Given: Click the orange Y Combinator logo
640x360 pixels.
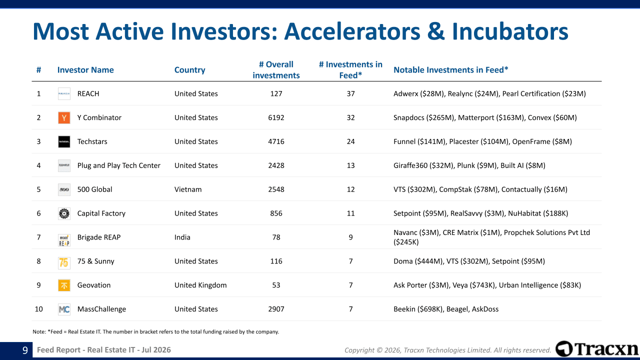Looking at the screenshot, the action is click(x=64, y=117).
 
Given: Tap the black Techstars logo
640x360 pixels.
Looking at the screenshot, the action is click(x=64, y=141).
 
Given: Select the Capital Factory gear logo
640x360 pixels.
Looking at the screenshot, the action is click(x=64, y=213).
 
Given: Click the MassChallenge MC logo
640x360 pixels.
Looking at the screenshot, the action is click(x=64, y=309).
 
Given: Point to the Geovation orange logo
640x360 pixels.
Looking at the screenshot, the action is click(x=64, y=285).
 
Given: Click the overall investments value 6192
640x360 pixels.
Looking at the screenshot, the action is click(x=276, y=117).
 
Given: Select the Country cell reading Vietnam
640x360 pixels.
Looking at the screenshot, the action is click(x=188, y=189).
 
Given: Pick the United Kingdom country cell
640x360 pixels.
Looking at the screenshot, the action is click(x=200, y=285).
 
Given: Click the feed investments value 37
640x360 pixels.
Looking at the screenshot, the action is click(x=350, y=93).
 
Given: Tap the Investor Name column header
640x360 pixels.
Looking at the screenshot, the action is click(x=85, y=69).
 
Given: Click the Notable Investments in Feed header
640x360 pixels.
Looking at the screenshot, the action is click(x=451, y=69).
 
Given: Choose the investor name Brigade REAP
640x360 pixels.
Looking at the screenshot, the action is click(x=99, y=237).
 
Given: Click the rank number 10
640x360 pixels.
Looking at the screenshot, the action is click(x=38, y=309).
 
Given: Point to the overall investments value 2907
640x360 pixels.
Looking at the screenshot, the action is click(x=276, y=309).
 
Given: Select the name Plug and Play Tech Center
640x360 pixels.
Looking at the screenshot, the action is click(x=118, y=165).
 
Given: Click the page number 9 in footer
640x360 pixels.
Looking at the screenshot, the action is click(x=25, y=350).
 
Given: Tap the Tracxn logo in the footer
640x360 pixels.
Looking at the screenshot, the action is click(x=597, y=349).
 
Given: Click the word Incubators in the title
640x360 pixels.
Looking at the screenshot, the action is click(x=510, y=31).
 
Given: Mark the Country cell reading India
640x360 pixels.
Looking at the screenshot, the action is click(x=182, y=237).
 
